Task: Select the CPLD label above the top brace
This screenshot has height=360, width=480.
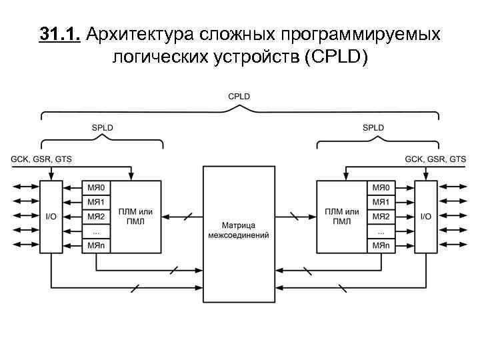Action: pos(239,97)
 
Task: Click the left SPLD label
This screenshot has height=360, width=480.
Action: pos(102,127)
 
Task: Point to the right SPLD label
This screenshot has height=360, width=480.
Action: pos(373,127)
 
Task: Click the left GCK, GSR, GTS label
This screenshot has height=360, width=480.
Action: pos(41,159)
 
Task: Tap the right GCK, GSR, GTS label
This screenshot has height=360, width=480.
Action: pos(436,159)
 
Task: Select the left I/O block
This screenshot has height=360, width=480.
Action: pos(51,217)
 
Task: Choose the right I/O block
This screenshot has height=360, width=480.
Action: pos(426,217)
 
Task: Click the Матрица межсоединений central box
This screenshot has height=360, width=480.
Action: pos(239,231)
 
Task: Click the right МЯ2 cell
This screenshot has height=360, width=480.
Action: pos(381,217)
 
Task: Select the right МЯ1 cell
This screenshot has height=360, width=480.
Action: pos(381,201)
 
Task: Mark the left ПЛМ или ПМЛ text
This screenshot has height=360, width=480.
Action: pos(135,217)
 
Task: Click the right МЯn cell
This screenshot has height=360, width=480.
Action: pos(381,246)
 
